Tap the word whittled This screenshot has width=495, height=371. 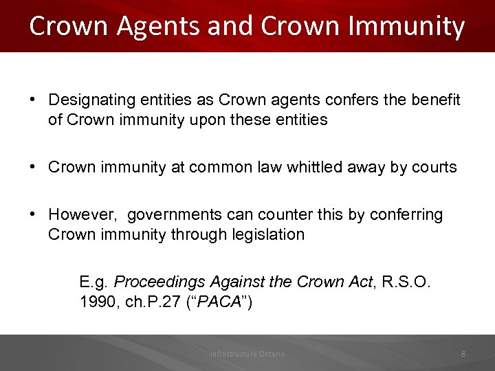pos(298,167)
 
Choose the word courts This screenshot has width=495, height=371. pos(434,167)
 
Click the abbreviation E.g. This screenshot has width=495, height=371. pos(93,282)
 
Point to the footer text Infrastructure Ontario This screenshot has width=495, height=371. pos(247,354)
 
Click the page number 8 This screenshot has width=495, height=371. pos(463,354)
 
